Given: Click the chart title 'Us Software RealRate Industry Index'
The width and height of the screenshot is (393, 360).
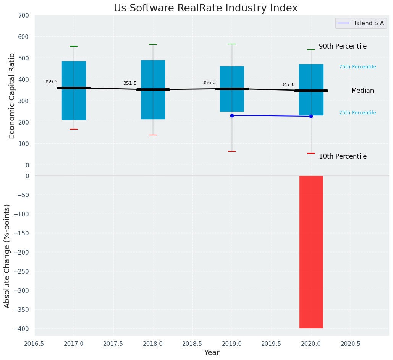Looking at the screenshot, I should [205, 8].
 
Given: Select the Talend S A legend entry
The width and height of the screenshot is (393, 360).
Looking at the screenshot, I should [361, 23].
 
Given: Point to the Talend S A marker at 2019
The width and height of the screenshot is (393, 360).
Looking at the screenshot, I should [232, 115].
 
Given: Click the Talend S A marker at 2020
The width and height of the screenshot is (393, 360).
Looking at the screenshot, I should [311, 116].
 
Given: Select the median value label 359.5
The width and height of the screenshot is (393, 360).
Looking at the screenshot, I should [51, 82].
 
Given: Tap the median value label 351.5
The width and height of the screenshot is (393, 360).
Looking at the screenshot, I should [130, 83].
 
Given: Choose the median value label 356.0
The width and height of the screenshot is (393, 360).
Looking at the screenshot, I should [209, 83].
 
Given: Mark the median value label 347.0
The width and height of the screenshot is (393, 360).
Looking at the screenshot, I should [288, 84].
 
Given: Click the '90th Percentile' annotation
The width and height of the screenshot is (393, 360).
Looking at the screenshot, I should [343, 46].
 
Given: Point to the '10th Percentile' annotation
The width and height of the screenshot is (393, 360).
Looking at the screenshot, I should [343, 156].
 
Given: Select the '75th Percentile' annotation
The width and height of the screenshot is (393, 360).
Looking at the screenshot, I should [357, 67].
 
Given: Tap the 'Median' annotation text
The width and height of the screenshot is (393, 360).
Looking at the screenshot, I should [362, 91].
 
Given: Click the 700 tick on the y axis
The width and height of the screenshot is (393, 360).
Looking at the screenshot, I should [24, 16].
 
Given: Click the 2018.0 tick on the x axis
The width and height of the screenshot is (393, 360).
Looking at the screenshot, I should [153, 344].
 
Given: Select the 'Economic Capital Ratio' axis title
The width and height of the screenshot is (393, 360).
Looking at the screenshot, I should [12, 96].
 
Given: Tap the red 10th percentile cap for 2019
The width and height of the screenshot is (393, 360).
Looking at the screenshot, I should [232, 151].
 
